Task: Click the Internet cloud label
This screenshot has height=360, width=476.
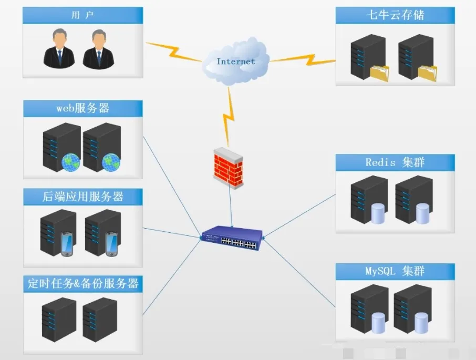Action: [235, 61]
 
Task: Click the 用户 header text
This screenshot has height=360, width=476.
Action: [82, 15]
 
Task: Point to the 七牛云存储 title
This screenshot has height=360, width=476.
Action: [395, 15]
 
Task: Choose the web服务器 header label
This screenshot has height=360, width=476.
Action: [82, 108]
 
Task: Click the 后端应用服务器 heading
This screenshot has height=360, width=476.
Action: [82, 197]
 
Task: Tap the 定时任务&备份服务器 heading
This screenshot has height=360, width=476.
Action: [82, 284]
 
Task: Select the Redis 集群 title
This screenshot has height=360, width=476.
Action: [395, 162]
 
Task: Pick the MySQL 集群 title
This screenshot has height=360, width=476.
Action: [395, 272]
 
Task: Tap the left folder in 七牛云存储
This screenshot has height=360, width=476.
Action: [379, 73]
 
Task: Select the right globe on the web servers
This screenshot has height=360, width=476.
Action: [111, 162]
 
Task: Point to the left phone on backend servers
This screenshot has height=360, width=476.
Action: [67, 244]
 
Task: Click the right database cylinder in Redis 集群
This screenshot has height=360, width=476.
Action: [422, 213]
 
